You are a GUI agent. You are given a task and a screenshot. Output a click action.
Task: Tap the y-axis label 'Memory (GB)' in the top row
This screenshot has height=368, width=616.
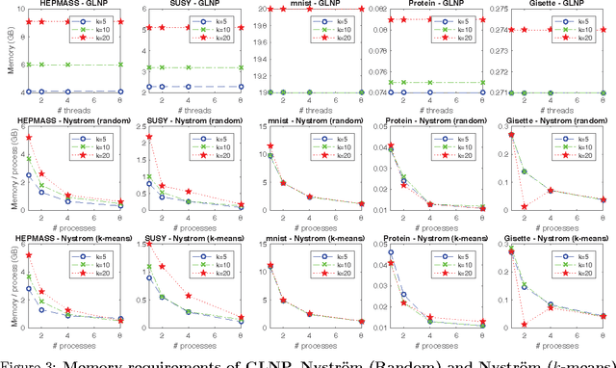click(8, 54)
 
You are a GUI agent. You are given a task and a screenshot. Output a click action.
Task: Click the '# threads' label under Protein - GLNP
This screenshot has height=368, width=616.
click(438, 111)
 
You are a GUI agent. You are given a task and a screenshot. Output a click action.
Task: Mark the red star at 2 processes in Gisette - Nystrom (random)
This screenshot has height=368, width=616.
click(549, 206)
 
